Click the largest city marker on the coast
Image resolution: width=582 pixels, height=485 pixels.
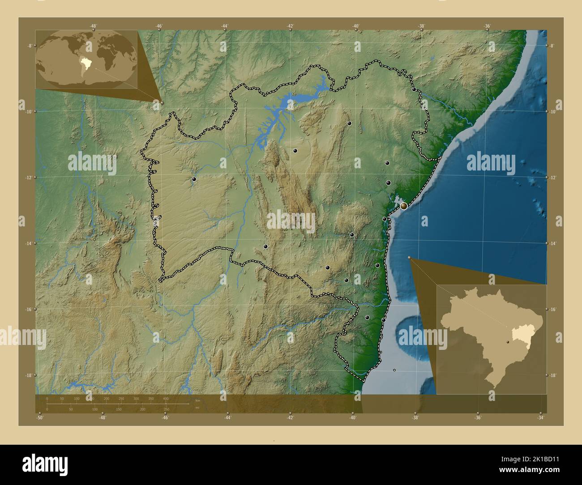[x=404, y=206]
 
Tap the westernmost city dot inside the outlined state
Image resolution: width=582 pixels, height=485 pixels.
[x=194, y=179]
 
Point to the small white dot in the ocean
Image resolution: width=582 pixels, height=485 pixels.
[x=394, y=370]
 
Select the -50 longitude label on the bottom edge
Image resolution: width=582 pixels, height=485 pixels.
[x=40, y=418]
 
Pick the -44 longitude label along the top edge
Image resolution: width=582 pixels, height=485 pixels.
[x=225, y=26]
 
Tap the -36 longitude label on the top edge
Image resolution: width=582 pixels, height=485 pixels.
[x=488, y=26]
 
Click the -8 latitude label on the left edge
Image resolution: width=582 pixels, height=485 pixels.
[x=29, y=46]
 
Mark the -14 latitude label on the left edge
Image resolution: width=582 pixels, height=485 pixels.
[x=28, y=243]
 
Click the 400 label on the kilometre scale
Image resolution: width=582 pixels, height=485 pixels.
[x=166, y=398]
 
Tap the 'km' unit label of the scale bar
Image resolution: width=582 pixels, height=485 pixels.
[x=197, y=400]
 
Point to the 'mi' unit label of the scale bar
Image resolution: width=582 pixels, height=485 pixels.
[x=197, y=407]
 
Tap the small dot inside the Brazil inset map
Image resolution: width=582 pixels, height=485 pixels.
[x=508, y=342]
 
